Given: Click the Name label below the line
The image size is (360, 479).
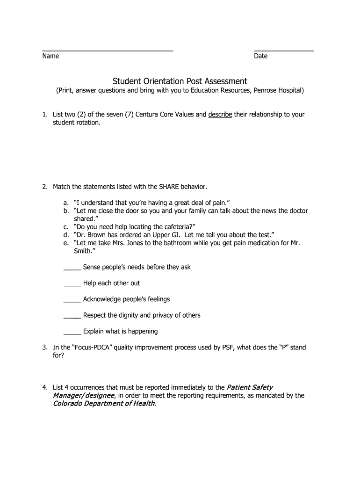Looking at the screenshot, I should pyautogui.click(x=50, y=56).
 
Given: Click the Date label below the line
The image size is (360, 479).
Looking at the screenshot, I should pyautogui.click(x=260, y=56).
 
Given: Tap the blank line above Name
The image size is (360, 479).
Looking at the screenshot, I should pyautogui.click(x=108, y=50).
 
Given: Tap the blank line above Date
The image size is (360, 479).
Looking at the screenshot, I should pyautogui.click(x=284, y=50).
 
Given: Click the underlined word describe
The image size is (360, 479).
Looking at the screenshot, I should pyautogui.click(x=220, y=115).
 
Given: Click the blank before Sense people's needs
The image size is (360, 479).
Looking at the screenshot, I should pyautogui.click(x=72, y=269).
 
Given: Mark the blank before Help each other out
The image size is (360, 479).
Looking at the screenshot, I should pyautogui.click(x=72, y=285).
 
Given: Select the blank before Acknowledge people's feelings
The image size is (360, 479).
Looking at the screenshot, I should pyautogui.click(x=72, y=301).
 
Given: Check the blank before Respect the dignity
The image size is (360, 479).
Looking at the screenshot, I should pyautogui.click(x=72, y=318).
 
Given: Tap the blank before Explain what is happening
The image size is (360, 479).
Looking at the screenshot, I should pyautogui.click(x=72, y=334).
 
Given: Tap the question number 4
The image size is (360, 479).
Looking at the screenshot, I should pyautogui.click(x=44, y=387).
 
